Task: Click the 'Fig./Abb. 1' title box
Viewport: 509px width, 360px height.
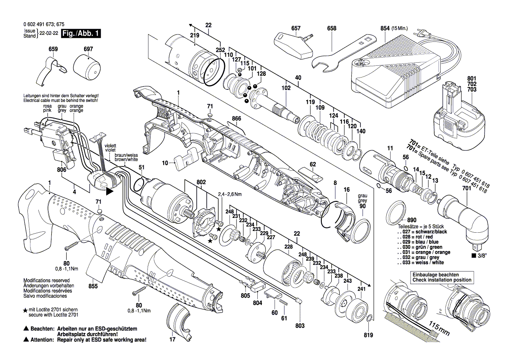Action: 81,34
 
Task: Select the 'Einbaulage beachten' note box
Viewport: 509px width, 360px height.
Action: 441,277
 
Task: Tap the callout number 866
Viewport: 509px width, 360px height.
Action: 236,119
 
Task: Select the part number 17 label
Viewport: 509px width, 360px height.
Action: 172,339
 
